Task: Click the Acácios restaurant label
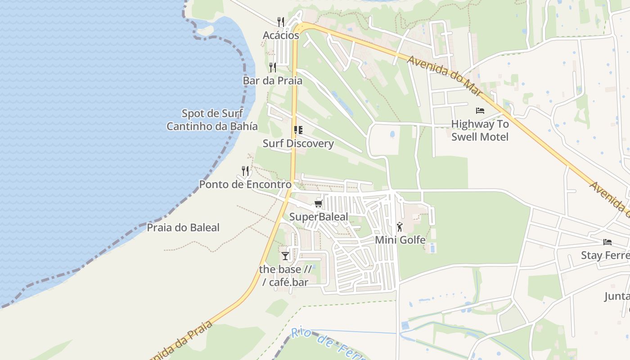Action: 281,35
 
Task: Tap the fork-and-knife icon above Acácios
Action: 281,22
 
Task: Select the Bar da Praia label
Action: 273,81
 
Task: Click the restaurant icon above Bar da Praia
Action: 273,67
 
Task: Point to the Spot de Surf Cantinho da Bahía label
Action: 212,120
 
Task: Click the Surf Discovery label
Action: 298,144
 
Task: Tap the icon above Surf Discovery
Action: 298,130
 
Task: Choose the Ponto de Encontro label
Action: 245,184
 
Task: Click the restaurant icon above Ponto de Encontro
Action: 245,171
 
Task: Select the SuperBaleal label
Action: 319,217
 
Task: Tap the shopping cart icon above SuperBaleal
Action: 319,203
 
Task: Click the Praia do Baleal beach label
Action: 183,228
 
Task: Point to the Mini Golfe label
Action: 400,240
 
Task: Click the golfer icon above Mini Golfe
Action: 400,227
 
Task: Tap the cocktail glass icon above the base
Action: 285,256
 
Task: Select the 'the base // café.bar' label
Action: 285,276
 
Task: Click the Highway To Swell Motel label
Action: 480,130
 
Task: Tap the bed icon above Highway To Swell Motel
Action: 480,111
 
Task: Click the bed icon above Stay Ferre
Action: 607,242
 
